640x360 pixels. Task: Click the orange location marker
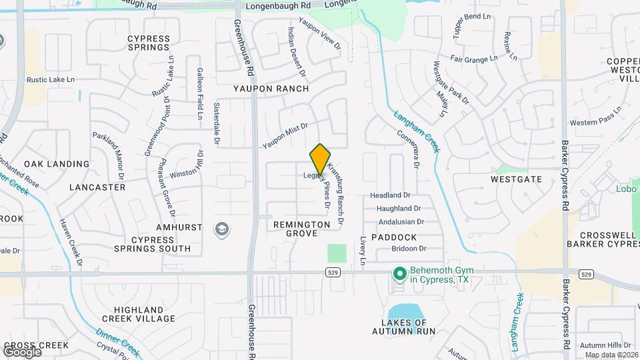(320, 159)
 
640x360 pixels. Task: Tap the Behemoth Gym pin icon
(399, 274)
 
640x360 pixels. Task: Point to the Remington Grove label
(301, 229)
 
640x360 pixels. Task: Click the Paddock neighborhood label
(394, 237)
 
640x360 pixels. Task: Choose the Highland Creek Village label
(139, 315)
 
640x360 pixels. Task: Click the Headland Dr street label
(391, 195)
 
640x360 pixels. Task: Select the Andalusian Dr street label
(401, 222)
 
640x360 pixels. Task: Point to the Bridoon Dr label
(409, 249)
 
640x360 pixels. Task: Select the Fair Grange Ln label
(474, 59)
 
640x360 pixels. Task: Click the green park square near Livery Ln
(337, 253)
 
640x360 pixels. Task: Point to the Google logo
(22, 351)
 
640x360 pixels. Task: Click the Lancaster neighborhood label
(97, 187)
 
